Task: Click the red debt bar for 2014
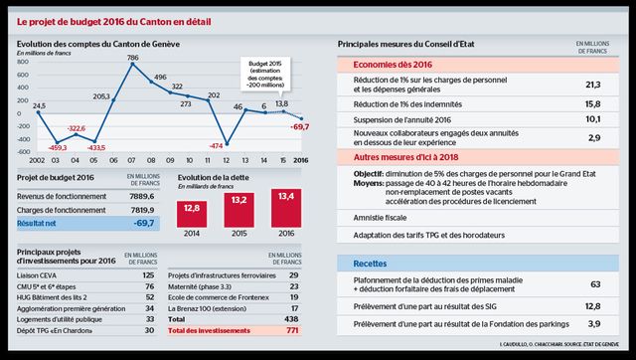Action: pyautogui.click(x=194, y=213)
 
